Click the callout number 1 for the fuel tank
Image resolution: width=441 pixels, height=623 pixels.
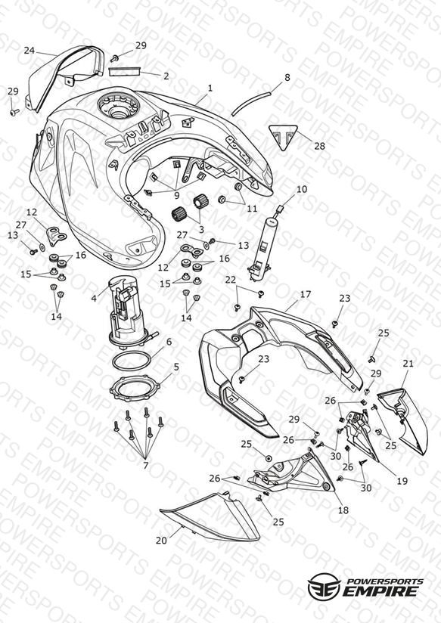pos(210,88)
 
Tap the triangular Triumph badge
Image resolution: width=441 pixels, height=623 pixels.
pos(283,137)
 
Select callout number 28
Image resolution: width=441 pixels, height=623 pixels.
pos(319,146)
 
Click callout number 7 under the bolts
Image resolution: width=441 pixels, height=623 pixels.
pos(145,465)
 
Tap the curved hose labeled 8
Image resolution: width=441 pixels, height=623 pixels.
pos(250,104)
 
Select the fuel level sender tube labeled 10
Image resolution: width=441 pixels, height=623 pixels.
pos(262,243)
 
